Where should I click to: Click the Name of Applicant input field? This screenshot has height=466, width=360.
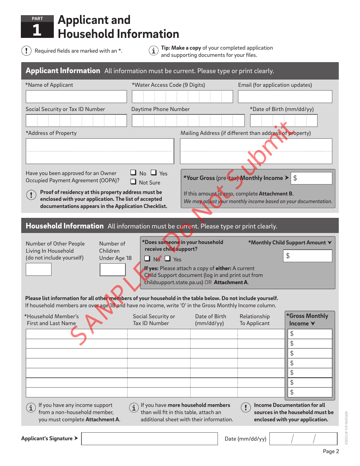click(76, 97)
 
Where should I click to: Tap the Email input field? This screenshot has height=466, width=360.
click(285, 97)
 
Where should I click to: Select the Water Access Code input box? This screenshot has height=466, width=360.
click(182, 97)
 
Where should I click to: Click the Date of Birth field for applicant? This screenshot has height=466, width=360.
click(283, 120)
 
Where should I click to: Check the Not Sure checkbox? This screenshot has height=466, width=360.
click(133, 182)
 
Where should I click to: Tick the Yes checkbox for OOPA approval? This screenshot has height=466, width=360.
click(153, 173)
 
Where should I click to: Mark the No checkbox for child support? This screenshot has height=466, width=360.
click(147, 259)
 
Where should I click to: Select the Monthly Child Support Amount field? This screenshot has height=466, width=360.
click(308, 256)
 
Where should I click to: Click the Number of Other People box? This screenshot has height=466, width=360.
click(39, 269)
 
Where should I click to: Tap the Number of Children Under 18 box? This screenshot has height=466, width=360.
click(113, 269)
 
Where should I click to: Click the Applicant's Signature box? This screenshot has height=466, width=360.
click(149, 439)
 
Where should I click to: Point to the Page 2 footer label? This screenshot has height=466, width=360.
click(331, 451)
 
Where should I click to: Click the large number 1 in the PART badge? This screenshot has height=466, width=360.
click(37, 30)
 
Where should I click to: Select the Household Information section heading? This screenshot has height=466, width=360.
click(64, 226)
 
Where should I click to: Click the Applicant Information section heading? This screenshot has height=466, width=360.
click(63, 71)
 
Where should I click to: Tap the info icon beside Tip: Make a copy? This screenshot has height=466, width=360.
click(153, 51)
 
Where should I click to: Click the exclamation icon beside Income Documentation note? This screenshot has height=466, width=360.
click(246, 407)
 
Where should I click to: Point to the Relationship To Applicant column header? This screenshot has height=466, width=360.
click(255, 320)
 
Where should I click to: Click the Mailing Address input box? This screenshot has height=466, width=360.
click(256, 151)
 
